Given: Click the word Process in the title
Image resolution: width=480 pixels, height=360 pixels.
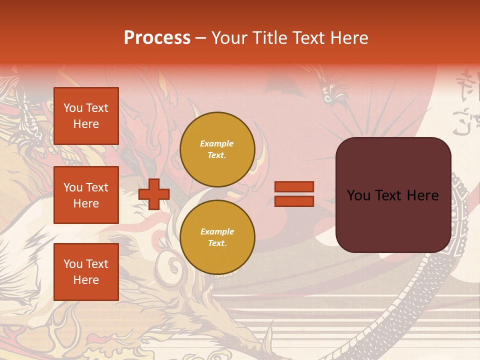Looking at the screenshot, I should (157, 38).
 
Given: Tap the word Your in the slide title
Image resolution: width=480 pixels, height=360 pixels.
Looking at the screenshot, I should (229, 38).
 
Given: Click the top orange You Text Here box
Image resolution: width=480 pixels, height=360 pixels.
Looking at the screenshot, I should (86, 116).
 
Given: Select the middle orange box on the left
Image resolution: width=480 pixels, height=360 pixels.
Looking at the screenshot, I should (86, 195).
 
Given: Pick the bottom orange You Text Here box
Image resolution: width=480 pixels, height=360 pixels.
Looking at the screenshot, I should (86, 272).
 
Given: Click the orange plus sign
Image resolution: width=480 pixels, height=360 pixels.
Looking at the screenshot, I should (154, 194).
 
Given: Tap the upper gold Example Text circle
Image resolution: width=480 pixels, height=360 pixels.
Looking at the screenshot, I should (217, 149).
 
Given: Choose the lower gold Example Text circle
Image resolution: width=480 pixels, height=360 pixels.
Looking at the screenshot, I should (217, 237).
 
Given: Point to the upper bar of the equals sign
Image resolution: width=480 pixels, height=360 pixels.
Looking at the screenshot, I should (294, 187).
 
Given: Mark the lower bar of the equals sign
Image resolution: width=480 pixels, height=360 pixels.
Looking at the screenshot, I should (294, 201).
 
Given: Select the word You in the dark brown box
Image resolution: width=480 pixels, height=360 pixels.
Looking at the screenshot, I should (358, 195).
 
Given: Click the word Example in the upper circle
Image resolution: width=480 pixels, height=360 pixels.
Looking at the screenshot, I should (217, 143).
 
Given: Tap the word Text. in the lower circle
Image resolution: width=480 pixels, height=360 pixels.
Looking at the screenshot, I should (217, 243).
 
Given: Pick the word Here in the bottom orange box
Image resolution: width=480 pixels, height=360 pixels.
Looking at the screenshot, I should (86, 280).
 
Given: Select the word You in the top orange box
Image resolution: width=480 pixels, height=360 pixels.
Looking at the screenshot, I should (73, 108).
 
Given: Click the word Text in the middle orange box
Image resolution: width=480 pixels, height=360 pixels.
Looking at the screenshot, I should (97, 187).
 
